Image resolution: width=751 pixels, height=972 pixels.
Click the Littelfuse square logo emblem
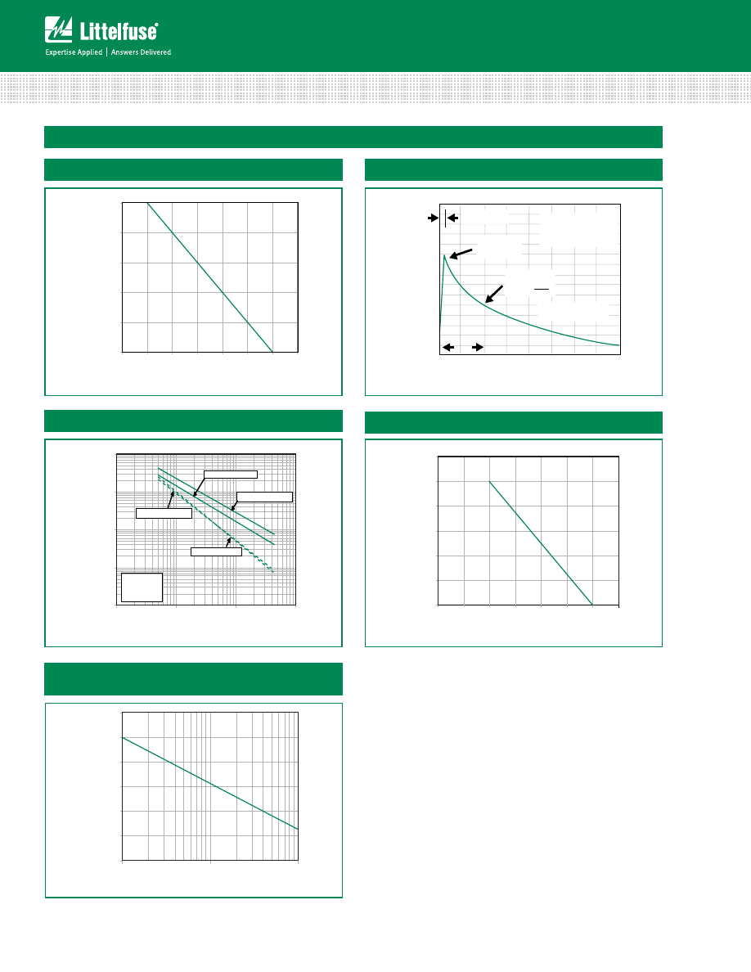click(58, 29)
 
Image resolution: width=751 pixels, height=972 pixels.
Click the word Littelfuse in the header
click(118, 31)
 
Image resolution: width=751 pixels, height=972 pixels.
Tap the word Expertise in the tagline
click(60, 52)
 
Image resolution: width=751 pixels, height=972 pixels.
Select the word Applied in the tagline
click(90, 52)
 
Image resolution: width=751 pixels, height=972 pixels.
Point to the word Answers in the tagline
click(124, 52)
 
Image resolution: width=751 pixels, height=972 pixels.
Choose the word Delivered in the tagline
click(156, 52)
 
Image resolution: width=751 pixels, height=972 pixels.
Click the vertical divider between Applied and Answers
click(106, 52)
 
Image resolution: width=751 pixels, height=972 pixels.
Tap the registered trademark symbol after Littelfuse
click(156, 25)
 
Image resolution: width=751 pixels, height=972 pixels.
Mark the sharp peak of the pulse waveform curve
click(444, 255)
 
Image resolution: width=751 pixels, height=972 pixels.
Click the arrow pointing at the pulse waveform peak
click(461, 254)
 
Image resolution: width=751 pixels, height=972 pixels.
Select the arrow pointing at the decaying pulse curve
click(494, 294)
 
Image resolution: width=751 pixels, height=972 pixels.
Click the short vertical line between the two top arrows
click(446, 218)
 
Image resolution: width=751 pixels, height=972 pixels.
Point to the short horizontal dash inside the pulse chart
click(542, 289)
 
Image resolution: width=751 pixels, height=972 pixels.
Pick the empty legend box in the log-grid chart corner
click(142, 587)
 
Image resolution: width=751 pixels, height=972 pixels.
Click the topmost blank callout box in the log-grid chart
click(231, 475)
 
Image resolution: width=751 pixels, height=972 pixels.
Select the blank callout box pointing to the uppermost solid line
click(264, 497)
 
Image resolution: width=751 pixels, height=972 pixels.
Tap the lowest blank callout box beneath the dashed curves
click(216, 551)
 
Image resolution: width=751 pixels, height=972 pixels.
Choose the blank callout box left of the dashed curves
click(164, 513)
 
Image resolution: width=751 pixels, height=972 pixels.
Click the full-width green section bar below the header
click(353, 137)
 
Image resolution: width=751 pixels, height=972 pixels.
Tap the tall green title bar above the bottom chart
click(193, 679)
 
